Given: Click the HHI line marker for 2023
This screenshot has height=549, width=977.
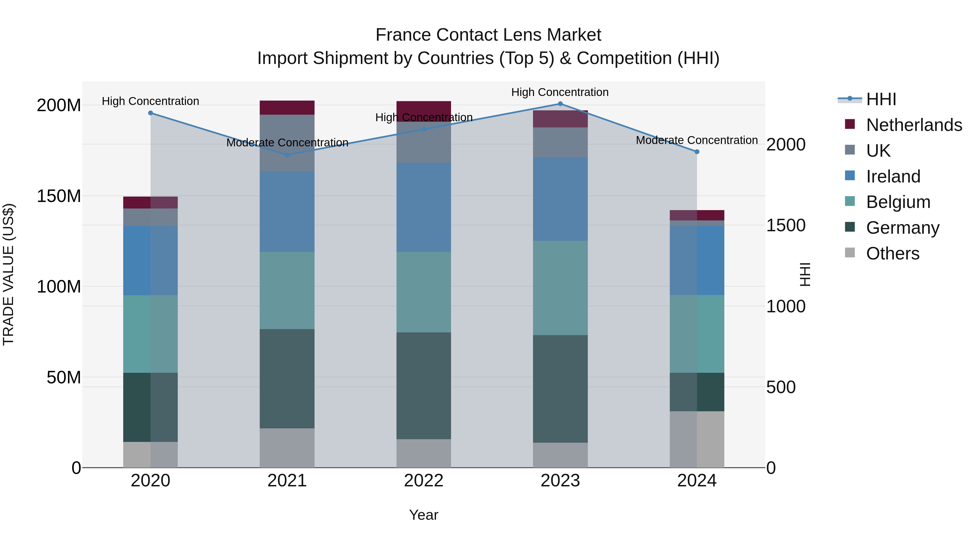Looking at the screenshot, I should [560, 104].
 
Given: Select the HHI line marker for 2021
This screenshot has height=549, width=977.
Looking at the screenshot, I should [287, 155].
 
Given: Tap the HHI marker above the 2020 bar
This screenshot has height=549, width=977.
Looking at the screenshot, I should [151, 113].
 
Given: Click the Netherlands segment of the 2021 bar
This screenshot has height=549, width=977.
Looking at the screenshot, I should [287, 108].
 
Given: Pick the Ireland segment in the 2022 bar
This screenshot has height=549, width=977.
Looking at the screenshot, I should [424, 207].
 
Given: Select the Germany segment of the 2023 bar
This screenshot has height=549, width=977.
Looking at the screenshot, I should [560, 389].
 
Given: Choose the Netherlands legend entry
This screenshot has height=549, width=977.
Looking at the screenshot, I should [914, 125].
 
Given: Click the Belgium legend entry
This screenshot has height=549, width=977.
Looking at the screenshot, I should [898, 202].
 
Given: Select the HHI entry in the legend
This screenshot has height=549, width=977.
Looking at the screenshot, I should [881, 99].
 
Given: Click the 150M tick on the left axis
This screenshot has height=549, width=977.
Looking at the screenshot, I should [59, 196].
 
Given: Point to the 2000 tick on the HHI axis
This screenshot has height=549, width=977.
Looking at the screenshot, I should [785, 145].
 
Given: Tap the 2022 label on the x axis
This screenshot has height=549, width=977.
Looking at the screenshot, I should [424, 481].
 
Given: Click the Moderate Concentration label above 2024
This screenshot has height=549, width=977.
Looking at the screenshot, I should [697, 140].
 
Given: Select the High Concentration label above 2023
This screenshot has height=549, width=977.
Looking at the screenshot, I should [560, 92].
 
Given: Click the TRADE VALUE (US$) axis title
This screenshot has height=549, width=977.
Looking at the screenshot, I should [8, 274].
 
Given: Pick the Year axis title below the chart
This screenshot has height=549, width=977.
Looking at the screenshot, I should [424, 515].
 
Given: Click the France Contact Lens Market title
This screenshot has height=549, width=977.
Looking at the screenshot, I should [488, 35].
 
